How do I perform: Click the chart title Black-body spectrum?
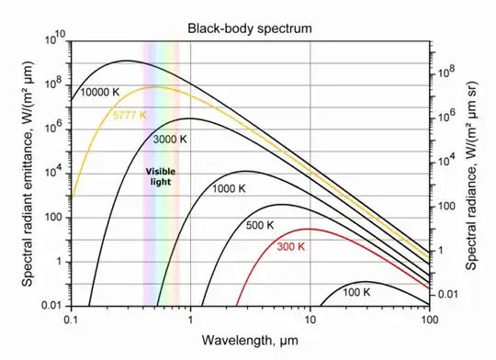click(250, 28)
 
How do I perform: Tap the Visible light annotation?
click(161, 177)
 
